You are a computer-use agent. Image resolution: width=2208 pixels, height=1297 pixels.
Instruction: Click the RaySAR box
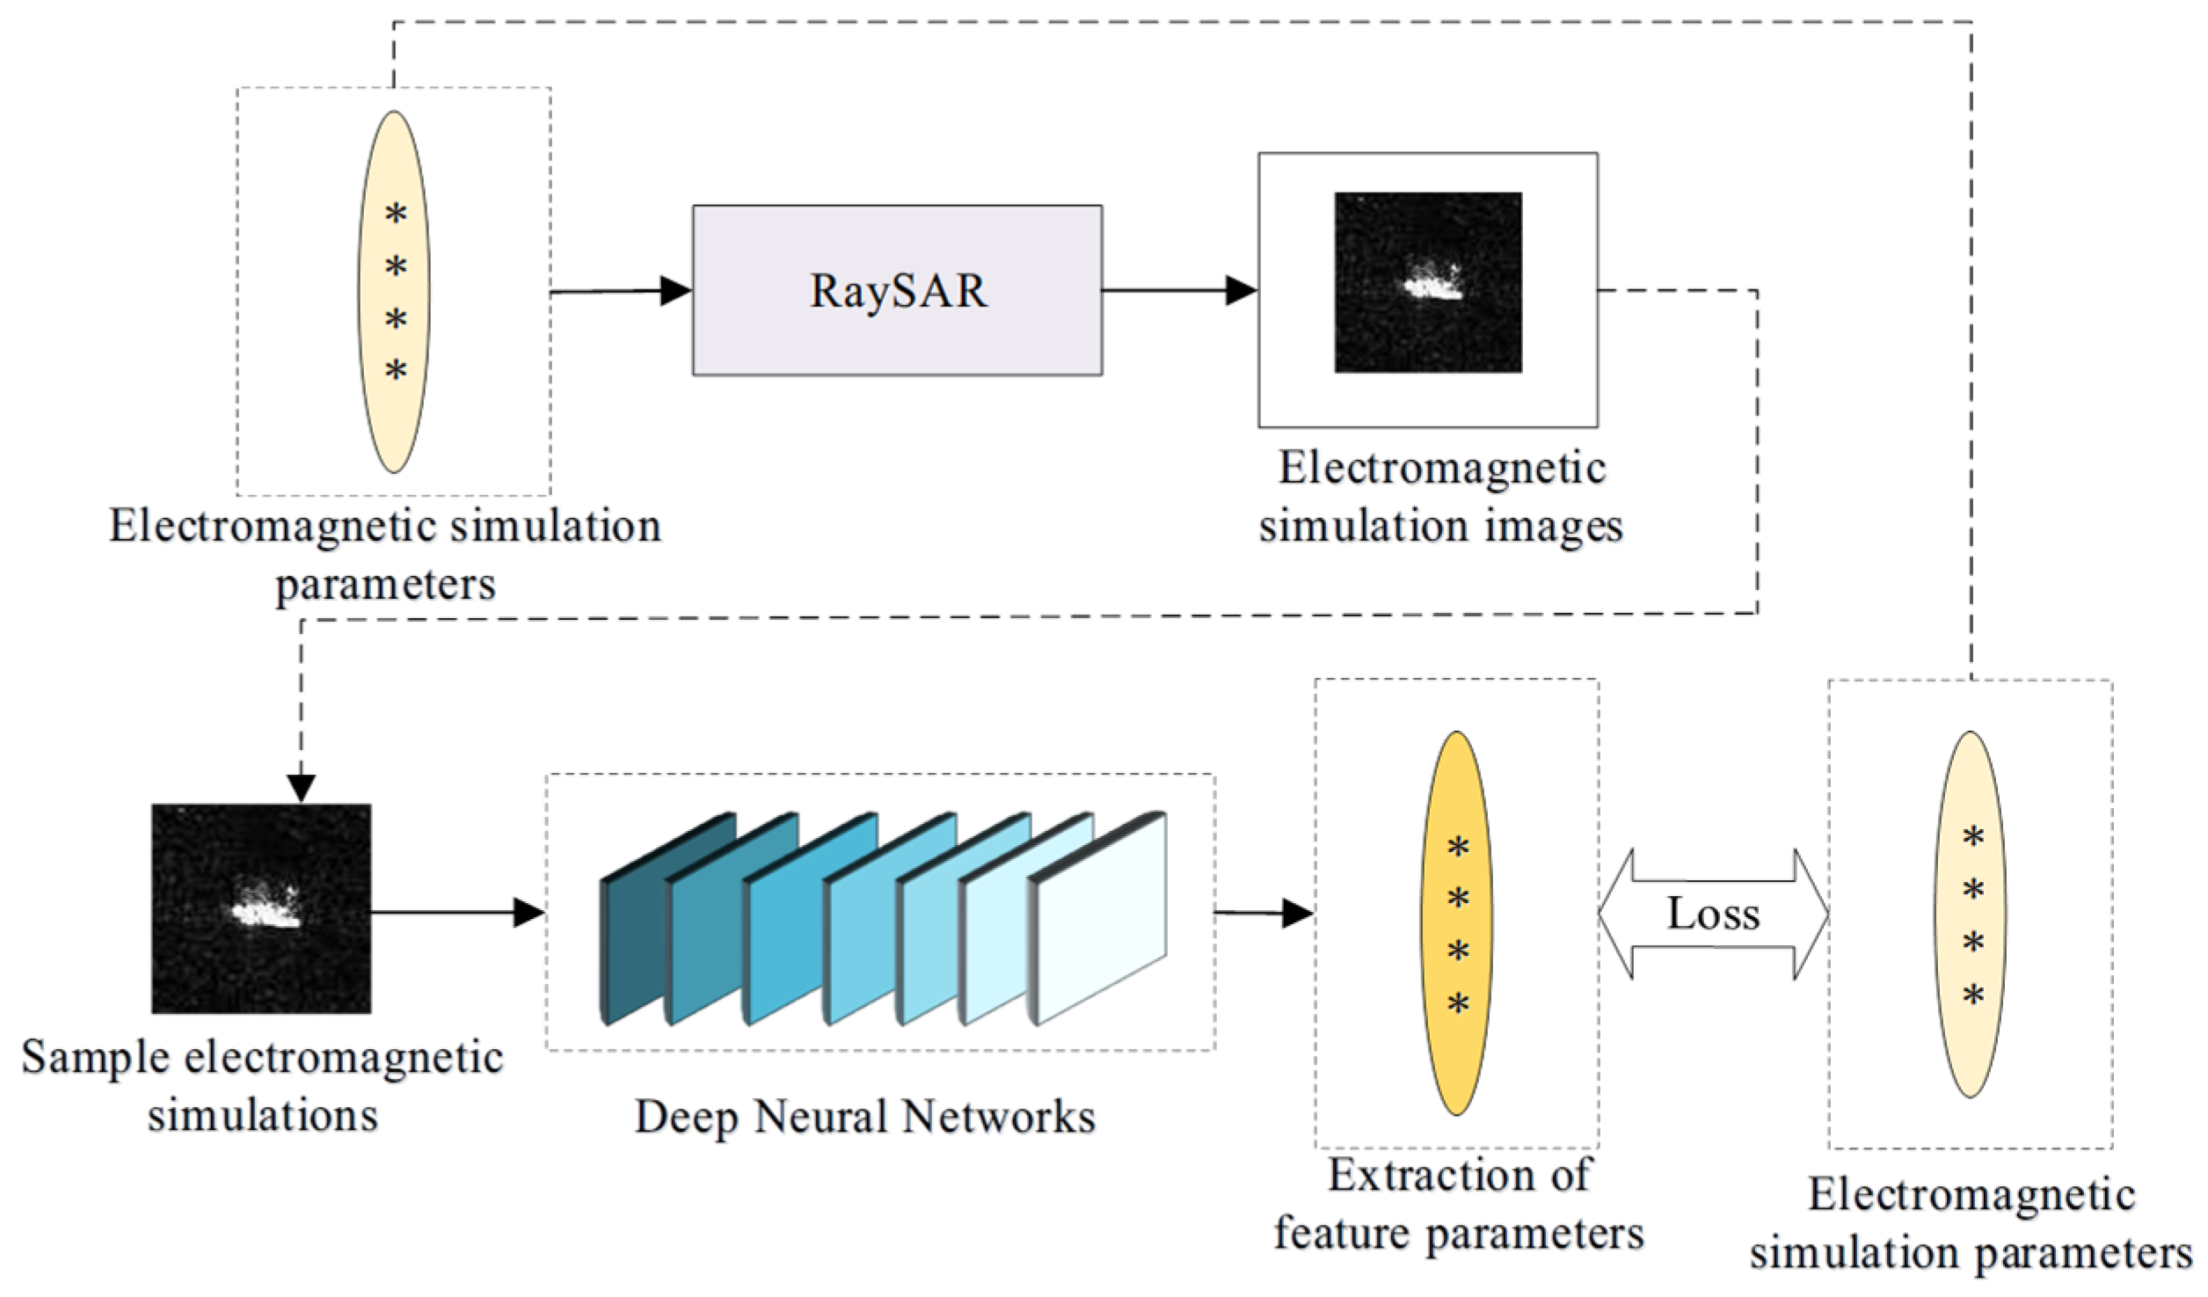point(897,290)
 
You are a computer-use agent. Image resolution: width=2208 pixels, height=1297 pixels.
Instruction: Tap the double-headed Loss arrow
point(1712,914)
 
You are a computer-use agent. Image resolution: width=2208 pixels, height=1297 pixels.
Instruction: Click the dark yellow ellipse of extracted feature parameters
point(1457,923)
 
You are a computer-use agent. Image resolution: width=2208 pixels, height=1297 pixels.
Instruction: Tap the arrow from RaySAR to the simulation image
point(1178,290)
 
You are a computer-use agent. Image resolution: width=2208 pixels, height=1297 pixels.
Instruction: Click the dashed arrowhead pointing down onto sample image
point(302,788)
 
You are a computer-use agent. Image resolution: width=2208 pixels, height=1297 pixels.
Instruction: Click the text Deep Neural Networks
point(864,1118)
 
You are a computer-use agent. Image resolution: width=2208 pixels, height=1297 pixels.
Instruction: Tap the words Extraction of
point(1459,1175)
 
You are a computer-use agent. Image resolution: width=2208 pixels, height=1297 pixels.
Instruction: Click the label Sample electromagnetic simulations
point(262,1086)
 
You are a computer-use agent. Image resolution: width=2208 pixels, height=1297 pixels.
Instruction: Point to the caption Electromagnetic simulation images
point(1440,497)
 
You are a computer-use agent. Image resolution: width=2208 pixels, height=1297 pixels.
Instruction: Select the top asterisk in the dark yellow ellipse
point(1458,848)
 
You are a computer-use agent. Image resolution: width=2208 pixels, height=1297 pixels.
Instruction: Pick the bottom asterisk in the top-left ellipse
point(396,370)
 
